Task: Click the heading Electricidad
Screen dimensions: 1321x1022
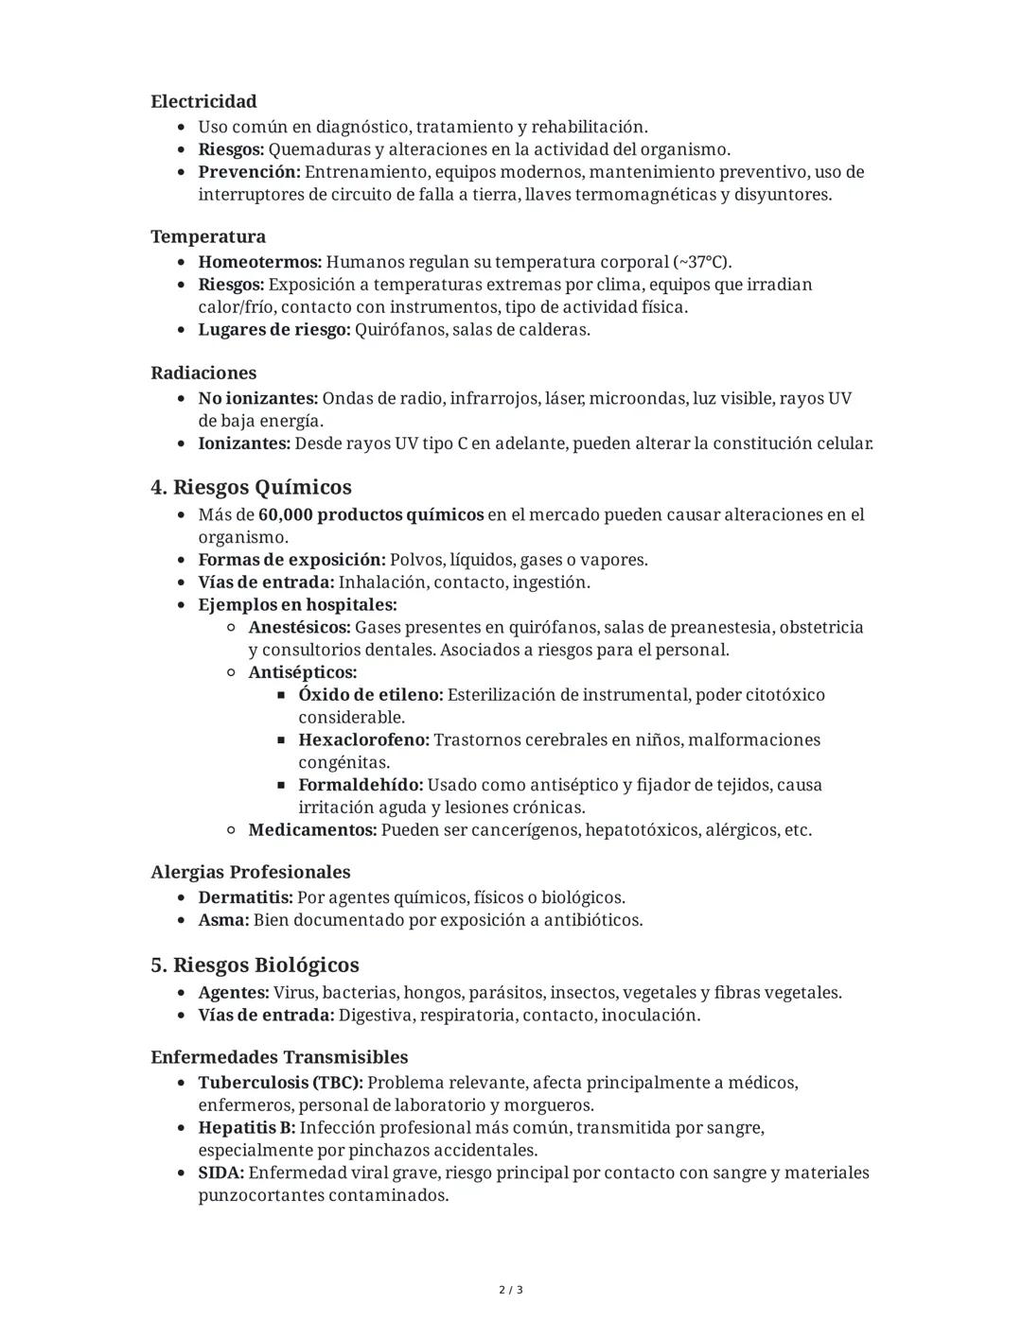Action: (x=203, y=101)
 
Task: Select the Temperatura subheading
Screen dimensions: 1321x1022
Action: (x=208, y=236)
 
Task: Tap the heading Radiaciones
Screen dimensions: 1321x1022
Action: (x=203, y=373)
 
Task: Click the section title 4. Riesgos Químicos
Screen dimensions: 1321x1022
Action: (x=251, y=487)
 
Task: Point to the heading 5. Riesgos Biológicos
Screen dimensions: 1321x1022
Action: (x=255, y=965)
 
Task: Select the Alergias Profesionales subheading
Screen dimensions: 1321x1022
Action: (x=250, y=872)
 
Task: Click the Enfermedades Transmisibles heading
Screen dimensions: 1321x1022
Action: (x=279, y=1057)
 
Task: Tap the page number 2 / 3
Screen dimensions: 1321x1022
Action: (x=511, y=1290)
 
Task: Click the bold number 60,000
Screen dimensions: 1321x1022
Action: (x=285, y=515)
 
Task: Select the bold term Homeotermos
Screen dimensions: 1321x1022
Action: (x=259, y=262)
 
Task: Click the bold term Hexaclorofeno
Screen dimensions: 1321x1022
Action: (x=363, y=740)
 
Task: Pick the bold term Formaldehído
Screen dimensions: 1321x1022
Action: (x=361, y=786)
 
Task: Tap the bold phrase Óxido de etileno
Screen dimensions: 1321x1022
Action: (x=370, y=695)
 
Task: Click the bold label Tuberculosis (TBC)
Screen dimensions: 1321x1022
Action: (x=280, y=1083)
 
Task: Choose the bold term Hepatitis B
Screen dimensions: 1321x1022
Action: (x=246, y=1128)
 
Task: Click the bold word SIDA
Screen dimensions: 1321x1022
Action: (x=220, y=1173)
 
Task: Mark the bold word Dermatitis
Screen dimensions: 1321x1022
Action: (x=245, y=897)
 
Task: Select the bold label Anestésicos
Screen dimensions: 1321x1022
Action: (x=299, y=628)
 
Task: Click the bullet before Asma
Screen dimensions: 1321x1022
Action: (x=182, y=921)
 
